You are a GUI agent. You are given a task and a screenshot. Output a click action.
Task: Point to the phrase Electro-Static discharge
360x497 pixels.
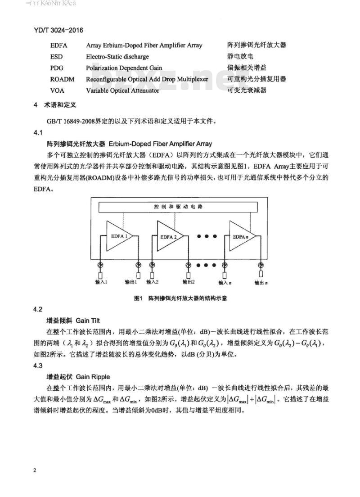pyautogui.click(x=117, y=57)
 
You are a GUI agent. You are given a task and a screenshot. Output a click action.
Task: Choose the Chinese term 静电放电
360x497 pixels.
pyautogui.click(x=240, y=57)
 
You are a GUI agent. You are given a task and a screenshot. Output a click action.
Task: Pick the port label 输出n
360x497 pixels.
pyautogui.click(x=261, y=283)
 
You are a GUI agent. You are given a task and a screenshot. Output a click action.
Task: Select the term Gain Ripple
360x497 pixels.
pyautogui.click(x=93, y=376)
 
